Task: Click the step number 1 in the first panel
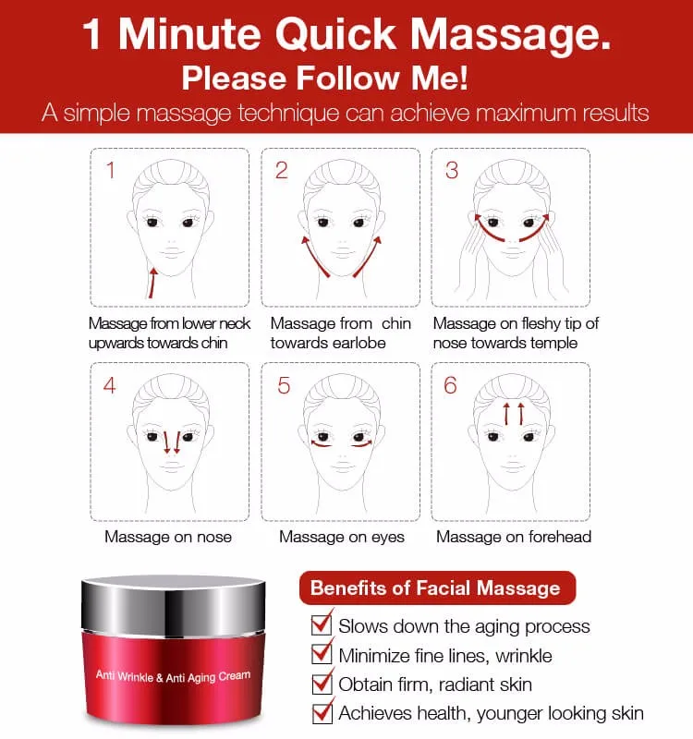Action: tap(110, 171)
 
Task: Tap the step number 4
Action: tap(110, 384)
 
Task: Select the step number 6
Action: tap(451, 384)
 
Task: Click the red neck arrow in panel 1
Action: tap(153, 278)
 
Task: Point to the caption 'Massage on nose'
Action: tap(168, 537)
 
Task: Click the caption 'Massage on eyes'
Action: tap(342, 537)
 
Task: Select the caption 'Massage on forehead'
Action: tap(514, 537)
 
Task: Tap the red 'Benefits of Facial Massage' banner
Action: tap(435, 588)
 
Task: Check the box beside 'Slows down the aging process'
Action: tap(322, 625)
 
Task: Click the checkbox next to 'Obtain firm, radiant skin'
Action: tap(322, 684)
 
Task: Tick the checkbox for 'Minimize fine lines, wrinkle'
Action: tap(322, 655)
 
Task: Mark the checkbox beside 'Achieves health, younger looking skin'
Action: tap(322, 712)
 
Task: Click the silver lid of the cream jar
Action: tap(175, 595)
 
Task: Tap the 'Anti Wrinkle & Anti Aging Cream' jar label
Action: tap(173, 677)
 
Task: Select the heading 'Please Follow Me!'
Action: tap(324, 78)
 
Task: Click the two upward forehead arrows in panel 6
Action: tap(514, 412)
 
